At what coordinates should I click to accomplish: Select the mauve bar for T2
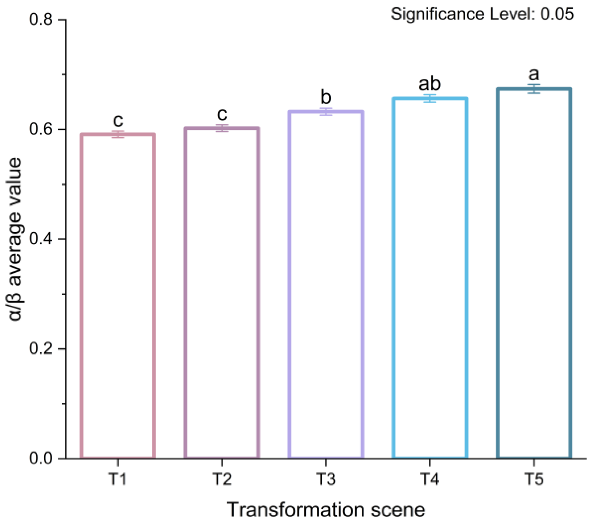(222, 293)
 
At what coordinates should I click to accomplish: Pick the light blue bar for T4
(430, 278)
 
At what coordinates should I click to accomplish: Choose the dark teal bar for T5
(534, 273)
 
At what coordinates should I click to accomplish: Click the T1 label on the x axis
(118, 479)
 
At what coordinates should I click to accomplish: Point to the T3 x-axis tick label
(326, 479)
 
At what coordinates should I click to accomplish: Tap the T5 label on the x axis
(534, 479)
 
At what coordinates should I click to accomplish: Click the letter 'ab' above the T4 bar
(430, 84)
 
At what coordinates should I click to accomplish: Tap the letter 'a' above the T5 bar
(534, 75)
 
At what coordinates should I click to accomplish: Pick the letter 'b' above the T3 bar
(326, 97)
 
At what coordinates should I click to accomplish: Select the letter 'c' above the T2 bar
(222, 114)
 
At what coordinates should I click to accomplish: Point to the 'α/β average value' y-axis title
(16, 239)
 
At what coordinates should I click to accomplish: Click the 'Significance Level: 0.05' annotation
(482, 14)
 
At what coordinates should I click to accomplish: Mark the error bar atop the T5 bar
(534, 89)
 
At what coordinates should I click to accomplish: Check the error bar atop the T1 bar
(118, 134)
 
